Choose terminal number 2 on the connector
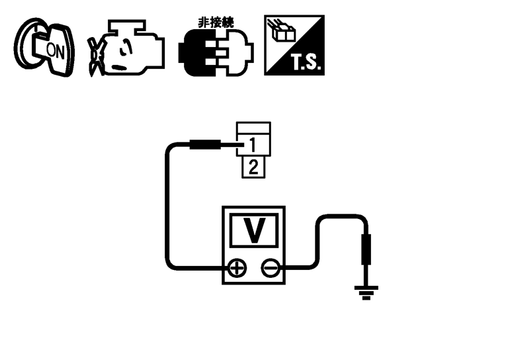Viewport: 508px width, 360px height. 253,166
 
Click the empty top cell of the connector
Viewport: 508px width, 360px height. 253,128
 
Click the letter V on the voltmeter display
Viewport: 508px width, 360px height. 254,230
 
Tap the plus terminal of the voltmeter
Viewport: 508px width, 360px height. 237,268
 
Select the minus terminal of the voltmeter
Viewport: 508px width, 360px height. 270,268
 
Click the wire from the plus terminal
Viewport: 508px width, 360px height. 167,212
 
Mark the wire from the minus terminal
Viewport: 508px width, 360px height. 317,245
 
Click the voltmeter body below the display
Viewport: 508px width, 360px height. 253,278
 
